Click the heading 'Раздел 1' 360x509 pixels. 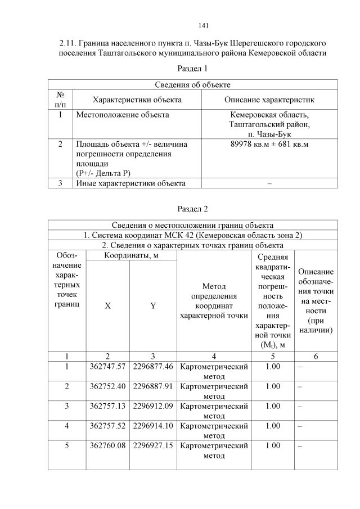[192, 69]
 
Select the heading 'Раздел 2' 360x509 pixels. [192, 209]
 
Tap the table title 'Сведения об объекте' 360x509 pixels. [192, 84]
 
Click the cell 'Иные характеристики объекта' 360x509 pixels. [130, 183]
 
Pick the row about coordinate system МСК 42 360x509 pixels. [192, 235]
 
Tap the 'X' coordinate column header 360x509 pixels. [107, 306]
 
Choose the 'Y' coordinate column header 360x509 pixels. [152, 306]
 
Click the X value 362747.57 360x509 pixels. [107, 367]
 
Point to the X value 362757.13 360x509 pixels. [107, 406]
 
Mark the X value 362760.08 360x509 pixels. [107, 445]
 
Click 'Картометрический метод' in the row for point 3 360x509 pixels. [213, 411]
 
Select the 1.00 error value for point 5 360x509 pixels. [272, 445]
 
